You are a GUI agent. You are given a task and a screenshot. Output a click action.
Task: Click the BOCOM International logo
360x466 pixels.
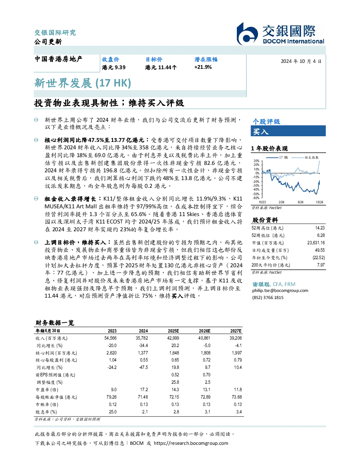click(x=280, y=34)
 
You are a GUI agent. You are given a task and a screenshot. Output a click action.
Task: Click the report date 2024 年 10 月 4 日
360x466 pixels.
click(x=301, y=61)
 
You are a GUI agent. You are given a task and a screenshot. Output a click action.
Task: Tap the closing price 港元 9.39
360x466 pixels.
click(x=114, y=67)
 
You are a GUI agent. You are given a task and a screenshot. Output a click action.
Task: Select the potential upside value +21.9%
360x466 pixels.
click(x=203, y=67)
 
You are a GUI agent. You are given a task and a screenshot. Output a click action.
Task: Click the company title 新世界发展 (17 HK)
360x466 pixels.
click(x=83, y=83)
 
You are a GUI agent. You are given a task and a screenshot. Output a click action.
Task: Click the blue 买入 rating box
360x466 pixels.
click(x=288, y=131)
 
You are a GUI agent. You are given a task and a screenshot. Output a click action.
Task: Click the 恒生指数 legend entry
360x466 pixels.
click(x=305, y=157)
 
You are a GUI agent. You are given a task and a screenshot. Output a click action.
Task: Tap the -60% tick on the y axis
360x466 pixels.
click(x=256, y=198)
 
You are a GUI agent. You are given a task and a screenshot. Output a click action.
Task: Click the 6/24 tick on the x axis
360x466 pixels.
click(x=300, y=202)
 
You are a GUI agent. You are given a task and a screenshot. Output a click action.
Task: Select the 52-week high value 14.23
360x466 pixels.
click(x=320, y=228)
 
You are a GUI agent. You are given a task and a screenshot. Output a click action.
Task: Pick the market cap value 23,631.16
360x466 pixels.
click(x=316, y=243)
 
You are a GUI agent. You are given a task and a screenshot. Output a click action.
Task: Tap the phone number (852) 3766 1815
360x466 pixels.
click(x=268, y=298)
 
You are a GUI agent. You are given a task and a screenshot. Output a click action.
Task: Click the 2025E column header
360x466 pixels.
click(x=173, y=331)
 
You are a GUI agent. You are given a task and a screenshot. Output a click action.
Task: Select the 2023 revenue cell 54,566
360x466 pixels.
click(x=110, y=338)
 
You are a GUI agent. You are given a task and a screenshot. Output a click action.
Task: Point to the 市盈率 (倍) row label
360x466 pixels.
click(x=47, y=390)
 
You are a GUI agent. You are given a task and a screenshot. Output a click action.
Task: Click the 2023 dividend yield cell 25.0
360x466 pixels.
click(x=113, y=412)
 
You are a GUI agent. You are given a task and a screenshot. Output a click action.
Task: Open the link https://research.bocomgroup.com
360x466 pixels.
click(x=191, y=443)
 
